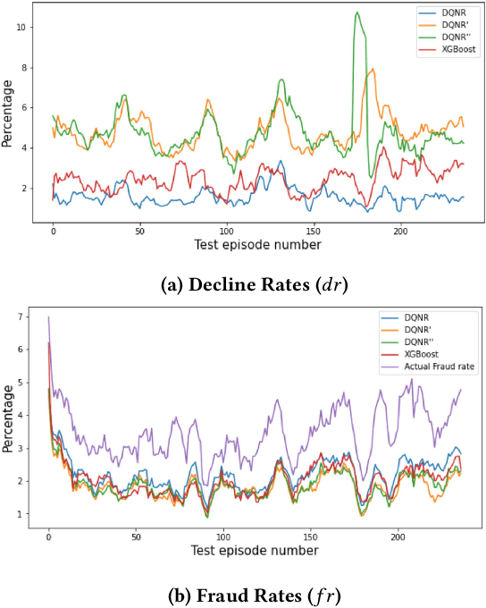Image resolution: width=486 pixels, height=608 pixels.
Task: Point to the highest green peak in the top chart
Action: (357, 13)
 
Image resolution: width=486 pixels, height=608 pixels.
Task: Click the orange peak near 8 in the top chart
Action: (371, 70)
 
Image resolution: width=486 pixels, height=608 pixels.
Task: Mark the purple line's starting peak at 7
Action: (48, 317)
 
